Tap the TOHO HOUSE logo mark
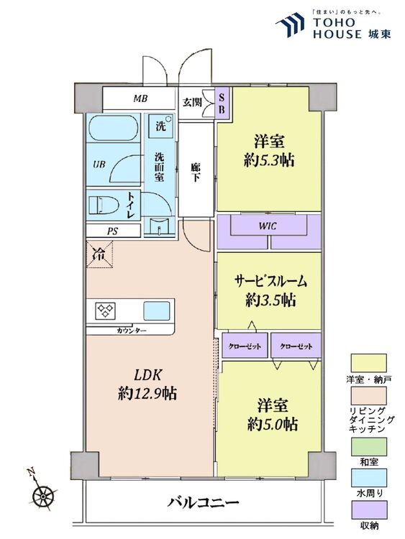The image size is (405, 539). click(x=290, y=24)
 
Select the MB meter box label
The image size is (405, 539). click(x=140, y=98)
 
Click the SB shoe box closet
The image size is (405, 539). click(x=222, y=103)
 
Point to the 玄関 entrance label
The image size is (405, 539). click(x=191, y=102)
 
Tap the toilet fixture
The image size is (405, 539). click(x=104, y=206)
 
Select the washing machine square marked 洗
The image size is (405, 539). click(x=160, y=126)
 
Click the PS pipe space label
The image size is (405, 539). click(x=112, y=231)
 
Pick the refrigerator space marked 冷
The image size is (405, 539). click(x=99, y=254)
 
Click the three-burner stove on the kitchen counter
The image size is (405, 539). click(x=105, y=310)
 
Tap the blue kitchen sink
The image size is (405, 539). click(x=157, y=310)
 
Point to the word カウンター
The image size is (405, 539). click(x=132, y=331)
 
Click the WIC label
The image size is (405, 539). click(x=268, y=226)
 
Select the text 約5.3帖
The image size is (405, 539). click(x=269, y=160)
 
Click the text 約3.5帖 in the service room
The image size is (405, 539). click(x=270, y=300)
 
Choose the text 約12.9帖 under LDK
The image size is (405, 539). click(x=147, y=393)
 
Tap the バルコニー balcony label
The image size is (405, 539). click(x=203, y=502)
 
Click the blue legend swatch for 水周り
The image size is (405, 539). click(x=368, y=478)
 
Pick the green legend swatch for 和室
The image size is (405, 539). click(x=368, y=446)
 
